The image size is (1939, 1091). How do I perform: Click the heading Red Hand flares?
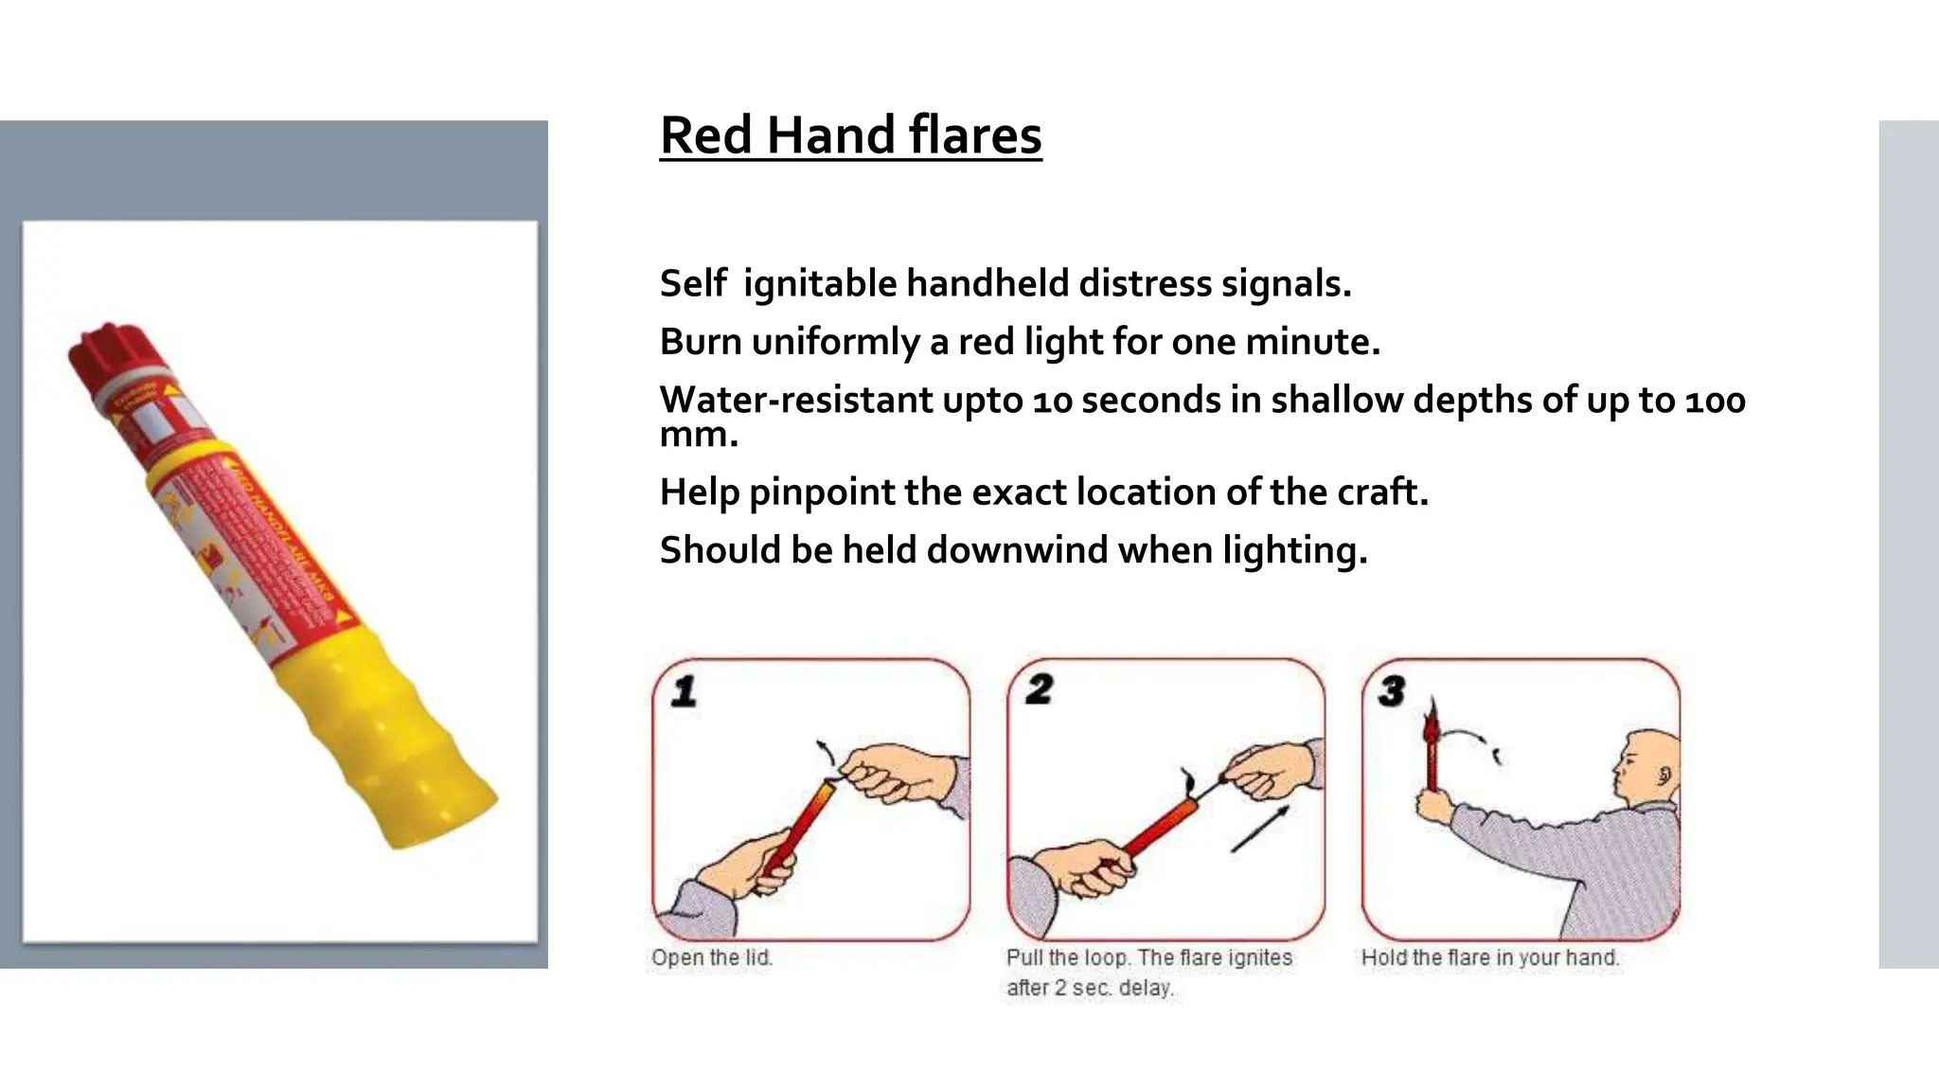coord(850,134)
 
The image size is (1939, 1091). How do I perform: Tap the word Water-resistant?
coord(794,401)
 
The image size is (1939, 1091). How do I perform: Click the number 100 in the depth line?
coord(1715,401)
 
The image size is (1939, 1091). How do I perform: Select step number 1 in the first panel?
coord(684,690)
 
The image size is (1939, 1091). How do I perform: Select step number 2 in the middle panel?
coord(1039,689)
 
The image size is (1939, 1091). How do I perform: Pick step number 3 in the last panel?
coord(1392,691)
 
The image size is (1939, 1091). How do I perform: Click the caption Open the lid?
coord(712,957)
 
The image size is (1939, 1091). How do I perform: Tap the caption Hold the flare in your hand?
coord(1490,957)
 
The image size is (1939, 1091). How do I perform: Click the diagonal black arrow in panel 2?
coord(1260,829)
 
